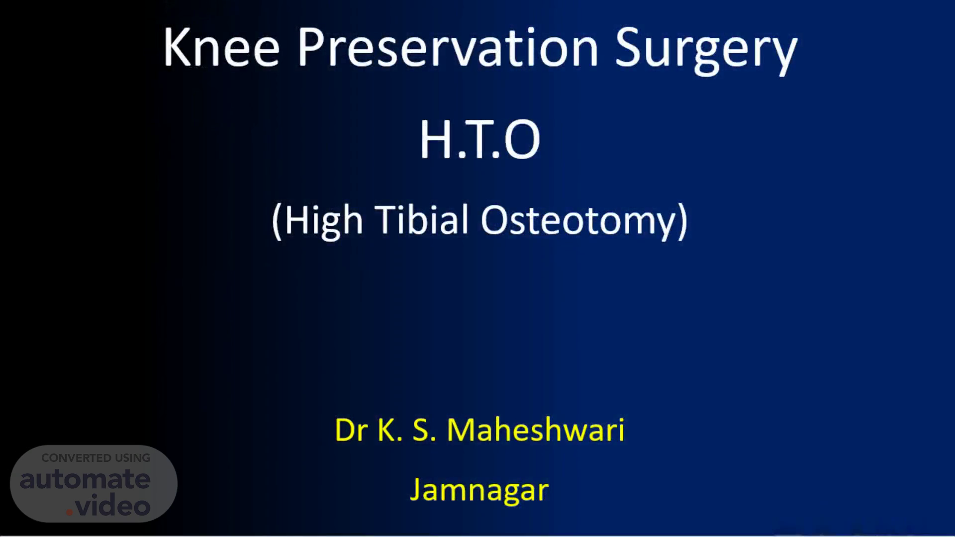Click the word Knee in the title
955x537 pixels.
coord(221,47)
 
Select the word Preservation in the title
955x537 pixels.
coord(448,47)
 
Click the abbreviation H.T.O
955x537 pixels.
coord(480,140)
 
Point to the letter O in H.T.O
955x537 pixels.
coord(522,140)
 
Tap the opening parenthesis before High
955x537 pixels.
coord(277,222)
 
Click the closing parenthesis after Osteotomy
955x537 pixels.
coord(683,222)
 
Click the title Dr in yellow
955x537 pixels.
coord(352,430)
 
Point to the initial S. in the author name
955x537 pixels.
coord(424,430)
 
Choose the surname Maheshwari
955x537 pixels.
coord(536,430)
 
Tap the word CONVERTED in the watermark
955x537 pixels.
coord(77,458)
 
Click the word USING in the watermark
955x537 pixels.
coord(133,458)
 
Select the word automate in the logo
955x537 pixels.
coord(85,479)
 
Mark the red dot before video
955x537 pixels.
coord(69,512)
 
